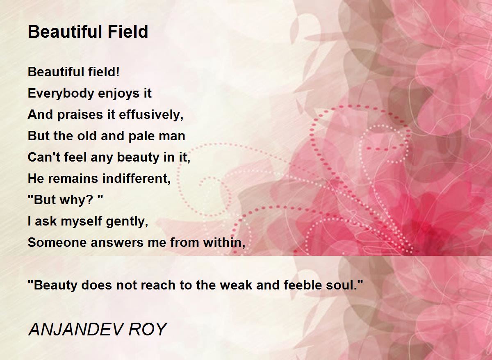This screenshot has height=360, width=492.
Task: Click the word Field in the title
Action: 128,32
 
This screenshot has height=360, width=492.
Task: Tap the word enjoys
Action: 118,94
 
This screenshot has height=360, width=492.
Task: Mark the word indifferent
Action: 137,178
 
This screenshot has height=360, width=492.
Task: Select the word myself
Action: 82,221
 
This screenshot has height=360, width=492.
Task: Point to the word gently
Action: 127,221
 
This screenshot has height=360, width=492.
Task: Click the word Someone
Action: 57,243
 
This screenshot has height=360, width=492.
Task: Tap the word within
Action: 224,243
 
